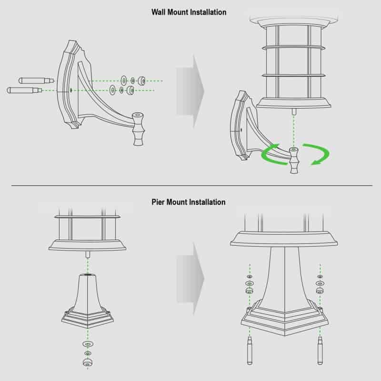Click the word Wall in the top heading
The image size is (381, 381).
click(x=159, y=12)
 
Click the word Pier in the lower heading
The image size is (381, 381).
click(x=158, y=202)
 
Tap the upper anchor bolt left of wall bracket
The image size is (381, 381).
click(x=36, y=80)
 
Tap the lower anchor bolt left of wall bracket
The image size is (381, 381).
click(x=25, y=90)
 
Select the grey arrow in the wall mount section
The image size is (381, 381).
click(x=190, y=91)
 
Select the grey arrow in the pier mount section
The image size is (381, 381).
click(x=190, y=279)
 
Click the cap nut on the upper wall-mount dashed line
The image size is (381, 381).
click(x=141, y=80)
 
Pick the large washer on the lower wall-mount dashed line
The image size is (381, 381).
click(x=112, y=90)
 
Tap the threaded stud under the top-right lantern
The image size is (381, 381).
click(x=294, y=111)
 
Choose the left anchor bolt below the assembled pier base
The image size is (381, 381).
click(x=250, y=351)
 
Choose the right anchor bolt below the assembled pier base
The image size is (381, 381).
click(x=320, y=351)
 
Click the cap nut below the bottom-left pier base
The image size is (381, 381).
click(x=88, y=362)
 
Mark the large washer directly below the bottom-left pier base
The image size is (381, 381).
click(x=88, y=344)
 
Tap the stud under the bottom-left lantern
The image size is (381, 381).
click(x=88, y=255)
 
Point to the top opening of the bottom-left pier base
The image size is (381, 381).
click(x=88, y=275)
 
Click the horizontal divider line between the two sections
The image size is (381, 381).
click(x=192, y=185)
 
